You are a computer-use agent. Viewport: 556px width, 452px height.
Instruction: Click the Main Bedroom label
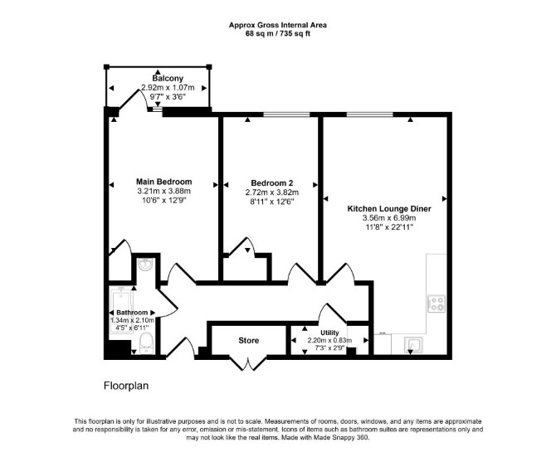click(x=164, y=182)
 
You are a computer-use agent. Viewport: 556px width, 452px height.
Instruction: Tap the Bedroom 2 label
click(x=272, y=183)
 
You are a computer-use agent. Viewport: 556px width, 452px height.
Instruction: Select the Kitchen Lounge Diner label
click(x=389, y=208)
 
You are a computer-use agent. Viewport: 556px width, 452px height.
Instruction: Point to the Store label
click(x=249, y=341)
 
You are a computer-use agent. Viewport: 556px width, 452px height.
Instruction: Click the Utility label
click(x=329, y=333)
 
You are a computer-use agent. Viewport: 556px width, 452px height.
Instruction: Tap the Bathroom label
click(x=132, y=313)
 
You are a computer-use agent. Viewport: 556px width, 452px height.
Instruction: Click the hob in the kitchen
click(x=437, y=304)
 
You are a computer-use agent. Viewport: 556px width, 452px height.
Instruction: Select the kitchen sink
click(x=413, y=344)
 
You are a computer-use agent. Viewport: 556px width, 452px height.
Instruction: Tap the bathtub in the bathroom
click(x=122, y=310)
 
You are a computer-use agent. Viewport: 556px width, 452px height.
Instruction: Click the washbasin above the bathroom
click(x=145, y=264)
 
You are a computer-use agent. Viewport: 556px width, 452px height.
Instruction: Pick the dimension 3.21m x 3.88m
click(x=163, y=191)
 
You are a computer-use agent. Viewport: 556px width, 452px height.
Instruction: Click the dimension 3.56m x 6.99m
click(x=389, y=218)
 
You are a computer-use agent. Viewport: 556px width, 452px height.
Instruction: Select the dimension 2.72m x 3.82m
click(x=272, y=192)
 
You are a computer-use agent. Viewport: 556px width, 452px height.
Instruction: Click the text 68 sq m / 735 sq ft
click(x=278, y=34)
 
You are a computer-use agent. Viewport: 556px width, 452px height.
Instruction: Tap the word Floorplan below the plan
click(x=126, y=386)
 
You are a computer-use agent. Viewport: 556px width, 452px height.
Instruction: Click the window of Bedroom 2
click(x=286, y=114)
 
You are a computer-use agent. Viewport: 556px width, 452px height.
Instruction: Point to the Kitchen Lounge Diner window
click(x=370, y=114)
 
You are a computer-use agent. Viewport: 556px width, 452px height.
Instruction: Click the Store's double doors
click(x=248, y=362)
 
